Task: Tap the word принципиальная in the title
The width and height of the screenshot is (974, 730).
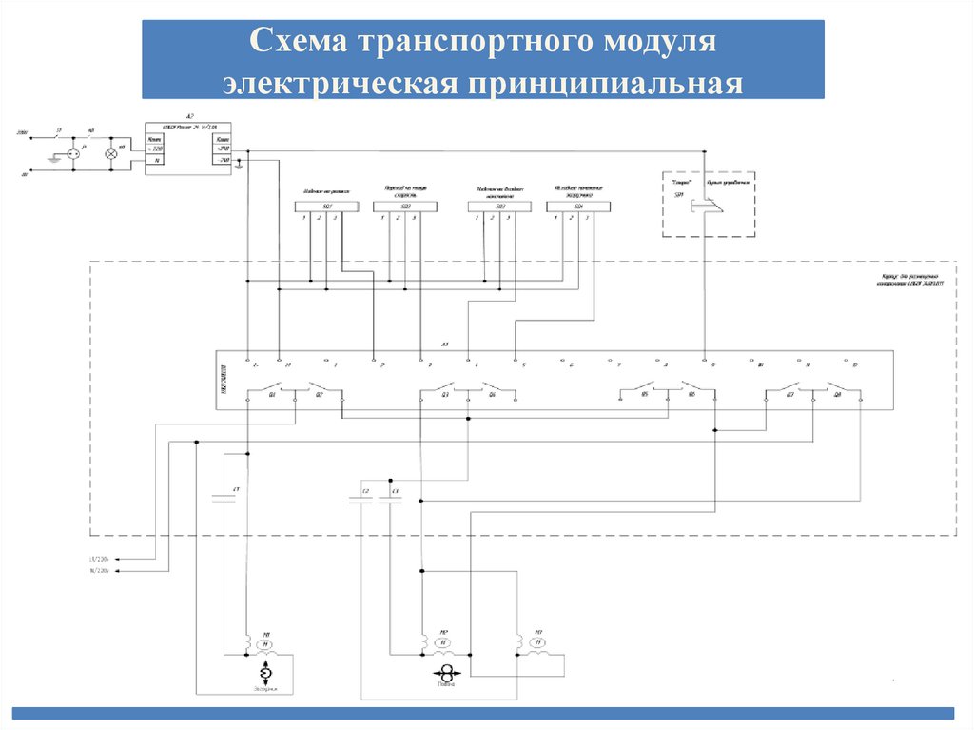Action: [x=605, y=83]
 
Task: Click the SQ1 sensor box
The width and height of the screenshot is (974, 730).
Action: [x=319, y=206]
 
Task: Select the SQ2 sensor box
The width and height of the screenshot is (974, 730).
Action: [x=405, y=206]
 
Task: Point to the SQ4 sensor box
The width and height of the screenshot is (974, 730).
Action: [x=578, y=206]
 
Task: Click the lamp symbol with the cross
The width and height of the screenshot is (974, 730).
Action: [x=109, y=151]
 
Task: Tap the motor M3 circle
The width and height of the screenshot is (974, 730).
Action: [x=538, y=644]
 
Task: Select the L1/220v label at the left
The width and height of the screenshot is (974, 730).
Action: [x=100, y=559]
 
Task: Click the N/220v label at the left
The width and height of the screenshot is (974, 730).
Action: [x=100, y=572]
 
